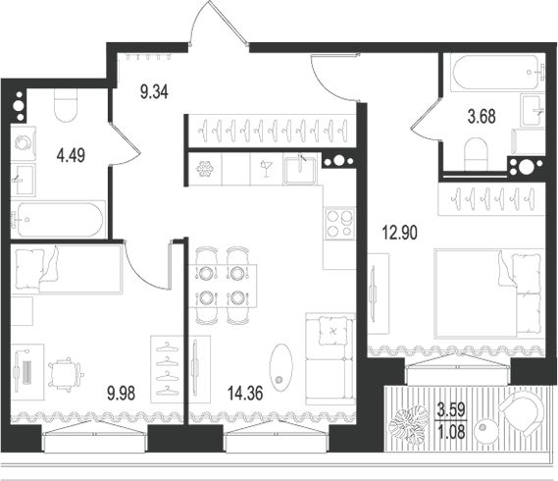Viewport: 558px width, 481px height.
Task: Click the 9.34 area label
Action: coord(154,92)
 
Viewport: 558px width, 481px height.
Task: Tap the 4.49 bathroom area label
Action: coord(71,156)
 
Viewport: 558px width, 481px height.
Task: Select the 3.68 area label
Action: coord(482,117)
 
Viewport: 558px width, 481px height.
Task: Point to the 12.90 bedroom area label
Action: coord(399,233)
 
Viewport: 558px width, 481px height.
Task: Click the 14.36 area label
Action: coord(245,394)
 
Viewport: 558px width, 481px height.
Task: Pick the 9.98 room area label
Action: coord(121,394)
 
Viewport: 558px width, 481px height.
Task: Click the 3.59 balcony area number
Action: coord(451,409)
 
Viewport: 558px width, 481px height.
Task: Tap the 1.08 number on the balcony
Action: coord(451,432)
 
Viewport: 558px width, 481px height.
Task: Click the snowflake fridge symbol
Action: coord(205,169)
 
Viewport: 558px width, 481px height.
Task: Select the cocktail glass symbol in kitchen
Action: coord(266,169)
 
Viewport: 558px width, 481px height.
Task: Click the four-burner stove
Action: coord(339,224)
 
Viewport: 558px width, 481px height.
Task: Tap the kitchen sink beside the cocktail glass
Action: coord(300,169)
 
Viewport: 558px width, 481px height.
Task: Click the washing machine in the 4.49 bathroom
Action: coord(24,143)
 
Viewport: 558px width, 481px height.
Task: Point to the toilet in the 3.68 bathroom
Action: coord(476,154)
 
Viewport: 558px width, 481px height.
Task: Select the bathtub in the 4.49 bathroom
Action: coord(58,220)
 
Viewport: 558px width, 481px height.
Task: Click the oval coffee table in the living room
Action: coord(281,368)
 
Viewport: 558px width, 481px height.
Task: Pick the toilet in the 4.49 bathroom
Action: coord(66,105)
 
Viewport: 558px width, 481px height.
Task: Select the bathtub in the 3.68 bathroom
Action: coord(497,73)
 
